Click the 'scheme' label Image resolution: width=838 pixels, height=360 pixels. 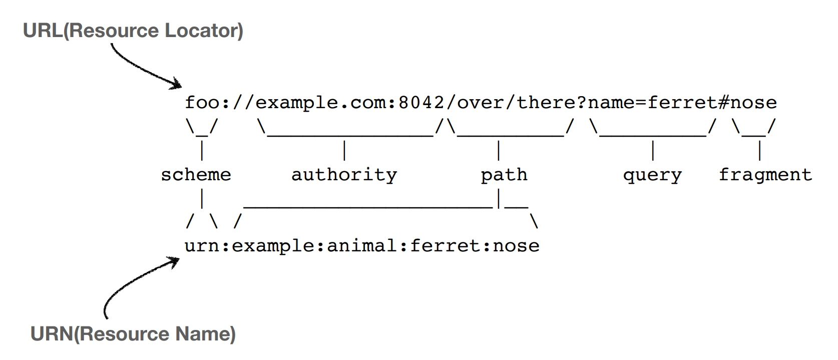(196, 175)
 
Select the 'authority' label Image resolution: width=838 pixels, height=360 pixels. (344, 175)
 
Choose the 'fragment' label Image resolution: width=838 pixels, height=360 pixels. (765, 175)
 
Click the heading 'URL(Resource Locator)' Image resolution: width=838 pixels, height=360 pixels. (133, 31)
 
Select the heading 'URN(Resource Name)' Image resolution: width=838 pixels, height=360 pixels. (133, 333)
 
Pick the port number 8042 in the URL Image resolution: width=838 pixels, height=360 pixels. (421, 103)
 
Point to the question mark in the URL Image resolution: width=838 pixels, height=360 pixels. (581, 103)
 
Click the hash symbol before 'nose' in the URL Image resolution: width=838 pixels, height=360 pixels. (724, 103)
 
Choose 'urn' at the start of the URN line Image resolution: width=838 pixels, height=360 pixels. (202, 247)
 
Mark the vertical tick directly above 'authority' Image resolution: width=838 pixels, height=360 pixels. (344, 150)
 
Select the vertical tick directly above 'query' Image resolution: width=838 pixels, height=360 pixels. (653, 150)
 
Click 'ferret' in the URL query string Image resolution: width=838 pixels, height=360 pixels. (682, 103)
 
